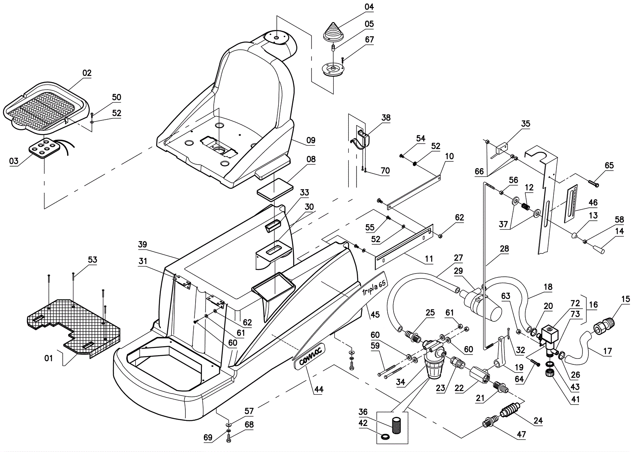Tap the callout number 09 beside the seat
[311, 140]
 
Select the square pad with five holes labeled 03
[44, 150]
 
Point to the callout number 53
[92, 260]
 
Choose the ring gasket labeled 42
[386, 436]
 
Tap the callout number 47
[521, 434]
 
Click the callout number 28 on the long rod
[504, 249]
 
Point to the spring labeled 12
[525, 206]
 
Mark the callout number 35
[526, 124]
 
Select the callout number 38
[386, 117]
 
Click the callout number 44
[319, 389]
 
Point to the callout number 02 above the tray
[87, 73]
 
